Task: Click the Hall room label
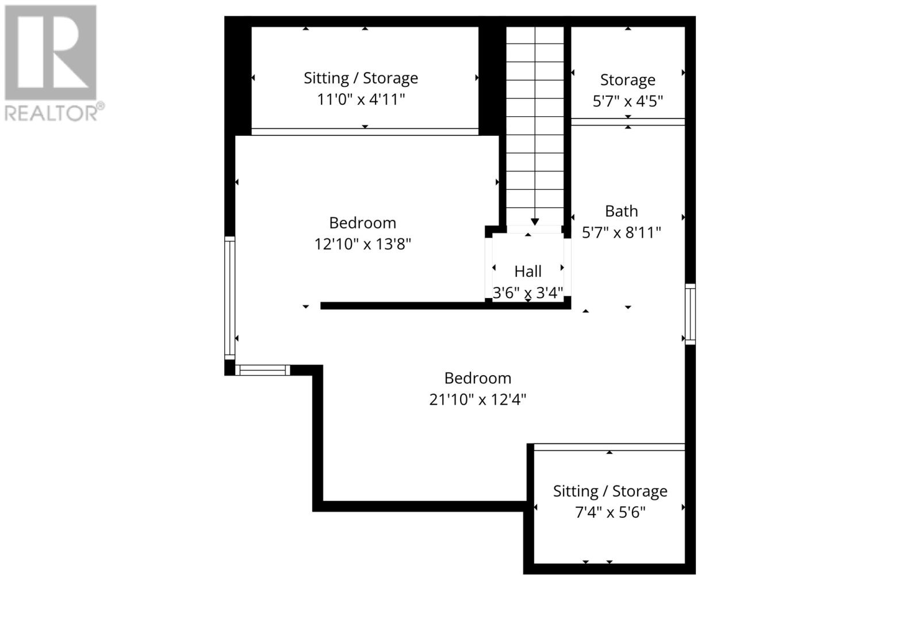point(528,271)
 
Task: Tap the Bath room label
point(621,211)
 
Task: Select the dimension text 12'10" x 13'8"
point(362,244)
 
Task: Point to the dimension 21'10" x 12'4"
point(477,399)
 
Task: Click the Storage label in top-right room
point(627,79)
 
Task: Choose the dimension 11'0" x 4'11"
point(361,100)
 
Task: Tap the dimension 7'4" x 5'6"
point(610,512)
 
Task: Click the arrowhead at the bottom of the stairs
point(535,221)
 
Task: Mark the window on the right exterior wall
point(690,314)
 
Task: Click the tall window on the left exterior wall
point(229,297)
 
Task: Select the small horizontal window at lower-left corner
point(262,370)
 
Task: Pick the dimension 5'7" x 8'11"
point(621,232)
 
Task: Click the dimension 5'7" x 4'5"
point(627,101)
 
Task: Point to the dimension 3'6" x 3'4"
point(527,293)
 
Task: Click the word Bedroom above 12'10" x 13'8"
point(362,223)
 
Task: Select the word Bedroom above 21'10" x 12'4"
point(477,378)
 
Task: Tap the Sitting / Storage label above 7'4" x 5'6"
point(610,491)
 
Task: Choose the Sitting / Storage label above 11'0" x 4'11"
point(361,78)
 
